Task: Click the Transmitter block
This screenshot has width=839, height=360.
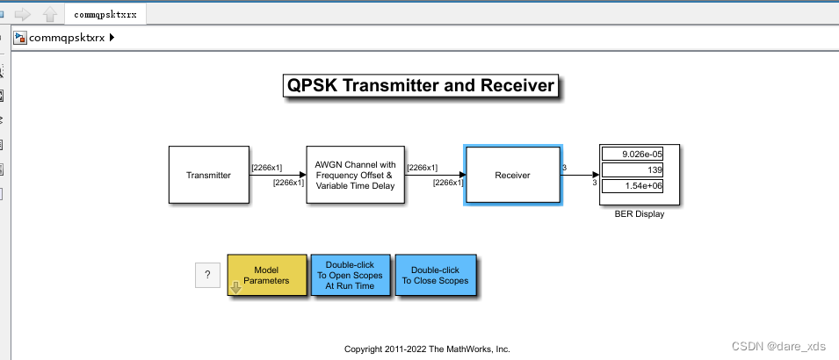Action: point(208,175)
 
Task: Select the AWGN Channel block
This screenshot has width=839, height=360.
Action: point(356,175)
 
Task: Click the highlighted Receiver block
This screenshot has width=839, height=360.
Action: point(513,175)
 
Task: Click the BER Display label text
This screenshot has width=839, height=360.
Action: point(639,214)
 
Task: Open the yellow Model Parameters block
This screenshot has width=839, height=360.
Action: point(266,276)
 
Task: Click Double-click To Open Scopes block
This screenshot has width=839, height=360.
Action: point(349,276)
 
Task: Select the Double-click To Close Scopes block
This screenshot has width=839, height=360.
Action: point(435,276)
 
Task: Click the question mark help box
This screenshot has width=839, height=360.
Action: point(207,275)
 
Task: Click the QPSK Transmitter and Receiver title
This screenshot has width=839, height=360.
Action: point(420,85)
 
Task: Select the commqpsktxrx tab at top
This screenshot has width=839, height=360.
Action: point(105,14)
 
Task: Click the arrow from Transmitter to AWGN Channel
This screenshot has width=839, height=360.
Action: point(278,175)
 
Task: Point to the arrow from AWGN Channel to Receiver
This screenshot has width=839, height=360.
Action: point(435,175)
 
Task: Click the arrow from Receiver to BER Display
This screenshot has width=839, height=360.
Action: point(580,175)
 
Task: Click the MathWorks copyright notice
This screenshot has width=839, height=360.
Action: point(427,349)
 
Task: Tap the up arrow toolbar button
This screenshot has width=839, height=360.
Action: point(50,14)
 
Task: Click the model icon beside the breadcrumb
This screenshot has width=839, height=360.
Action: point(19,38)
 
